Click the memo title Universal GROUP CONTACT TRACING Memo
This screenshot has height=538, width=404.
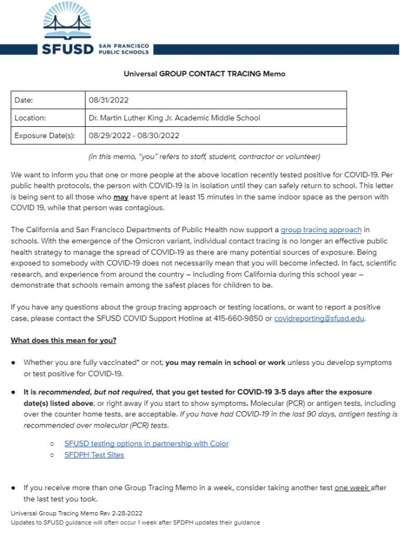tap(204, 74)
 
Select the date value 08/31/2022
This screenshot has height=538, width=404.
tap(108, 100)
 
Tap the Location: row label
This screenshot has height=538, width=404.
tap(30, 118)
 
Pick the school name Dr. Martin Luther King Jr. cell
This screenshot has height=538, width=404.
tap(174, 118)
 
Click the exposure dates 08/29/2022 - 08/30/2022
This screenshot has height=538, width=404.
tap(134, 136)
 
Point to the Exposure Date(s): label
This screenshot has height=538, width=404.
tap(44, 136)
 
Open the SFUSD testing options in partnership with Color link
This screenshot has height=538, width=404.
tap(146, 444)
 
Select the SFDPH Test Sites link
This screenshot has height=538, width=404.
tap(94, 455)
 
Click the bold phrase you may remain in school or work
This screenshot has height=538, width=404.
tap(225, 363)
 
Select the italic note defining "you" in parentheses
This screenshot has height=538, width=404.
tap(204, 157)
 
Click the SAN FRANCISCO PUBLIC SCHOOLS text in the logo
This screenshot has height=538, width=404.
tap(124, 48)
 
